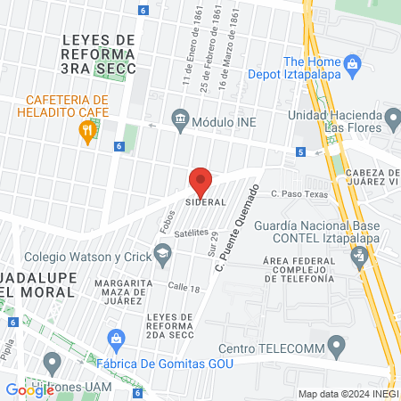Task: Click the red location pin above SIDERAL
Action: click(200, 182)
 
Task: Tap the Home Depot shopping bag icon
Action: click(353, 63)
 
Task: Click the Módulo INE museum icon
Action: click(181, 119)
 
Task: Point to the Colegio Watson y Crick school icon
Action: click(162, 258)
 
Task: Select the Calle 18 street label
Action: click(184, 287)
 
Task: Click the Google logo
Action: click(30, 389)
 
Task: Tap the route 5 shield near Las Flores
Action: click(301, 152)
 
